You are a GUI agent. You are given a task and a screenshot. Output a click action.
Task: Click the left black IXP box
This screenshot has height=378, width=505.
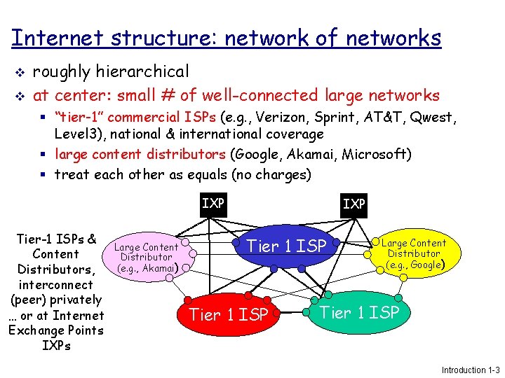(x=213, y=204)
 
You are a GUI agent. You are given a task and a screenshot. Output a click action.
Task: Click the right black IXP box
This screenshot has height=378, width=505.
(x=353, y=204)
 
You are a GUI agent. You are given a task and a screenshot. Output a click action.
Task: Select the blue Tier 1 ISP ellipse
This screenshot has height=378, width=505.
(x=288, y=246)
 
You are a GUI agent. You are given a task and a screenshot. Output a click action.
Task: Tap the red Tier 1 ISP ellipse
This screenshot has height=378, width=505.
(x=229, y=314)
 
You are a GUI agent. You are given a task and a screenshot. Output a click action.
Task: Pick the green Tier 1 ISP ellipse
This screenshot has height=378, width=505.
(x=359, y=312)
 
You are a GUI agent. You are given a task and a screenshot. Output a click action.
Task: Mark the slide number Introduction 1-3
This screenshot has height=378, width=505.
(x=470, y=370)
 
